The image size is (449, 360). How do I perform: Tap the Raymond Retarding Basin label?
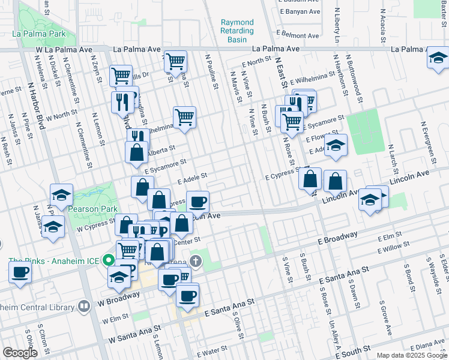[x=237, y=31]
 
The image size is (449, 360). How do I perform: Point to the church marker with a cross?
[x=195, y=261]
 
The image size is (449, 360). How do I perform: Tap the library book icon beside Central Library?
[x=84, y=305]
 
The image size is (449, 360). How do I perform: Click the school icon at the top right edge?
[x=438, y=58]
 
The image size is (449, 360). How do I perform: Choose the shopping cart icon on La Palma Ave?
[x=175, y=61]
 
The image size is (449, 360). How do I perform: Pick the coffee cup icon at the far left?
[x=20, y=271]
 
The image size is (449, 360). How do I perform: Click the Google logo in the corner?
[x=20, y=353]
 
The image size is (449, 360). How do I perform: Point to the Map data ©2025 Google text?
[x=412, y=355]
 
